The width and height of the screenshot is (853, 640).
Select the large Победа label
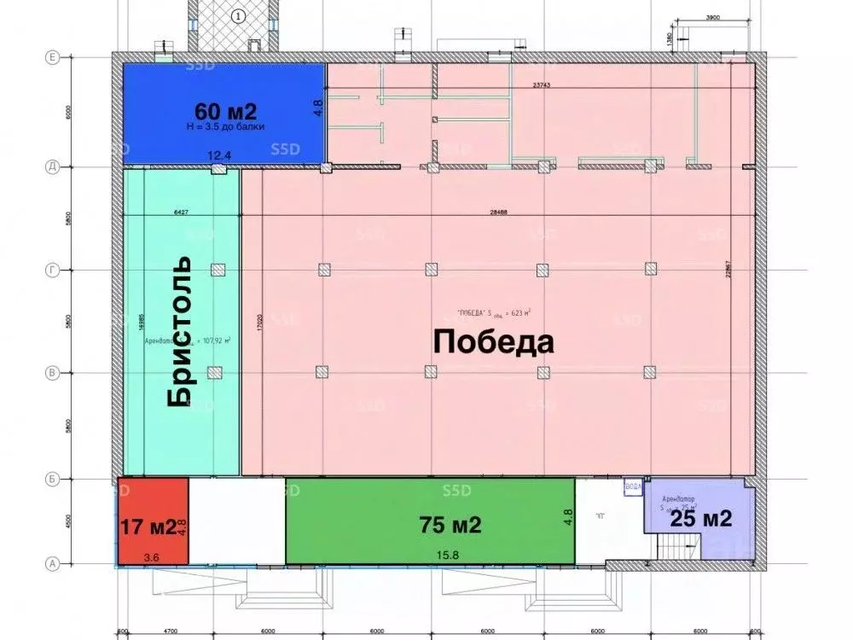tap(494, 342)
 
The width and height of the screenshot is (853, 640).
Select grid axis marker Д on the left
tap(51, 167)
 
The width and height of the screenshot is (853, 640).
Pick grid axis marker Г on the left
tap(51, 271)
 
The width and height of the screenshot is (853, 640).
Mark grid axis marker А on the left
tap(51, 563)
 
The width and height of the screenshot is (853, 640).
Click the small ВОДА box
tap(634, 485)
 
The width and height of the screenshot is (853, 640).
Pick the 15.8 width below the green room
tap(447, 557)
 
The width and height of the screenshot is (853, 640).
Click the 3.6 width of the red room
tap(151, 557)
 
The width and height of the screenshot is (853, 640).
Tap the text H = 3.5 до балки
tap(226, 126)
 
